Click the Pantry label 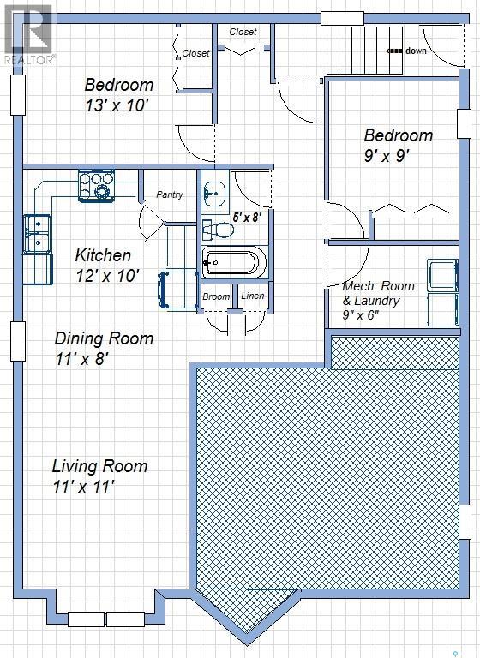pos(170,194)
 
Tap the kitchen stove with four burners pos(96,186)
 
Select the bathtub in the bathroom pos(233,263)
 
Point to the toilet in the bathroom pos(218,230)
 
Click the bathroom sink pos(216,194)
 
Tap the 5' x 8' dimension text pos(248,218)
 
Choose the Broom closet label pos(216,296)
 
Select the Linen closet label pos(252,296)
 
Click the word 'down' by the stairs pos(416,51)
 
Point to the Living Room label pos(99,466)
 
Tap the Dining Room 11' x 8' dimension pos(82,360)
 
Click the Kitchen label pos(103,255)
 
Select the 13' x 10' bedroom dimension pos(117,105)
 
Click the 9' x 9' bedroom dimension pos(387,156)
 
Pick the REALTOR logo pos(29,34)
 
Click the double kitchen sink pos(37,234)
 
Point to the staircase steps pos(364,50)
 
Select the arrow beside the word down pos(394,51)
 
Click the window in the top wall pos(342,19)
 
